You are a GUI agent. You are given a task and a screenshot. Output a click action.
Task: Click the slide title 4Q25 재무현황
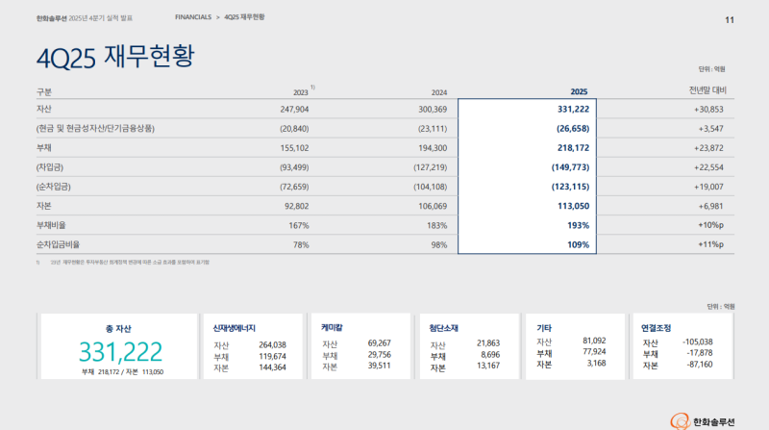[x=114, y=55]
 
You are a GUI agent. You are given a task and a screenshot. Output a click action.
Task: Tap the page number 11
[x=730, y=19]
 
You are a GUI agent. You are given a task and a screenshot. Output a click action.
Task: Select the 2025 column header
[x=579, y=91]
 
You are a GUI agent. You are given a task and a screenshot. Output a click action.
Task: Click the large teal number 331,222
[x=121, y=351]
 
